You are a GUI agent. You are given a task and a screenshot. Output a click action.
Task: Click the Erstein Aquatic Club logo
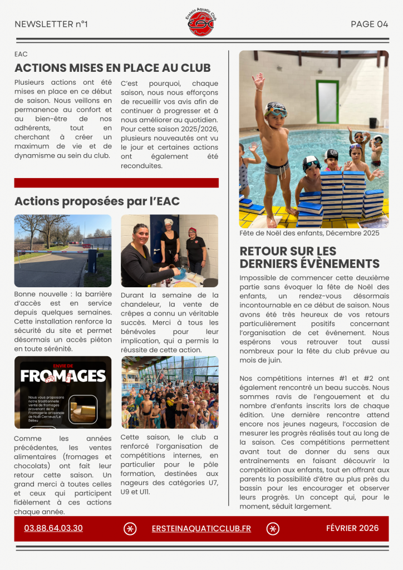(x=200, y=23)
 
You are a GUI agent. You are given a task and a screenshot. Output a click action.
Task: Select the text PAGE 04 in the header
(x=369, y=24)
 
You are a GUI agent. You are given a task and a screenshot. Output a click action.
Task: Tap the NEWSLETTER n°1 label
(x=51, y=24)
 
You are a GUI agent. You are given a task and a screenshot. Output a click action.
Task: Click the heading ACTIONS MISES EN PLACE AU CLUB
(x=112, y=68)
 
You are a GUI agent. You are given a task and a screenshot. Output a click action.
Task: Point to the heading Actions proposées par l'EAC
(x=97, y=201)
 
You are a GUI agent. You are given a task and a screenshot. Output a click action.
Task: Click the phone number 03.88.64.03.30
(x=53, y=528)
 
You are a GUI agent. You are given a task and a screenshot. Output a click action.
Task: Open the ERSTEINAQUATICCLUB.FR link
(x=201, y=528)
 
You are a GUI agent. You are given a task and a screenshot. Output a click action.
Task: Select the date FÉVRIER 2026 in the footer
(x=352, y=528)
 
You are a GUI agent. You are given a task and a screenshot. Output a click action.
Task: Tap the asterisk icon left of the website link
(x=130, y=529)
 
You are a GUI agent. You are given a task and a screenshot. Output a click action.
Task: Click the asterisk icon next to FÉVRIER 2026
(x=273, y=529)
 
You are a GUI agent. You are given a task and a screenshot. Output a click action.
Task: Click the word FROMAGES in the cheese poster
(x=63, y=376)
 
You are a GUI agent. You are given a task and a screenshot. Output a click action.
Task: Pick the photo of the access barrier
(x=63, y=250)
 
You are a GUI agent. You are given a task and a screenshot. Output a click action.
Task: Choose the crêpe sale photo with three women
(x=169, y=250)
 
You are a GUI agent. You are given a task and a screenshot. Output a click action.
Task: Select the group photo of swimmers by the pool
(x=169, y=392)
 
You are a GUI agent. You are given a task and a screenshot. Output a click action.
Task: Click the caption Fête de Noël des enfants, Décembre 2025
(x=309, y=233)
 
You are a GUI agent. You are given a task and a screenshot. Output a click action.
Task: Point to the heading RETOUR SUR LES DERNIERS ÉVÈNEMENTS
(x=309, y=257)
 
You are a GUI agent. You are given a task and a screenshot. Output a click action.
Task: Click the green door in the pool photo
(x=327, y=102)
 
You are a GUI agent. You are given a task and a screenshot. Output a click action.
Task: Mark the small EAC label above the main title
(x=21, y=54)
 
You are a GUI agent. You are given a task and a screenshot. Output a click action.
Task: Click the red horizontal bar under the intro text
(x=116, y=183)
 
